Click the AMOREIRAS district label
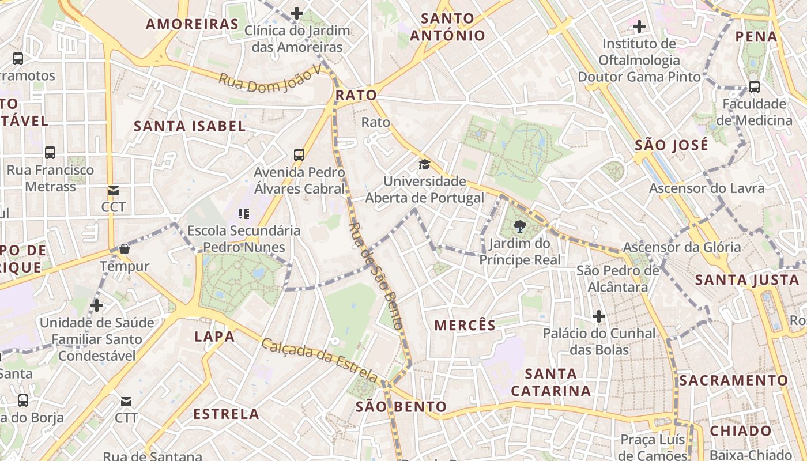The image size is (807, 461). click(192, 24)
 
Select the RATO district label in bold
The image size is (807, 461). click(356, 95)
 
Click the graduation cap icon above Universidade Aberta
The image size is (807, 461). click(425, 165)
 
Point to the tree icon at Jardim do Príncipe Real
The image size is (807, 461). click(519, 226)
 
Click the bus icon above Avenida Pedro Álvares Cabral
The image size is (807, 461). click(299, 154)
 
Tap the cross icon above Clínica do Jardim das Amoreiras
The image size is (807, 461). click(297, 13)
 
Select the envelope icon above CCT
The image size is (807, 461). click(113, 191)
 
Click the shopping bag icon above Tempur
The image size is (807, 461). click(125, 250)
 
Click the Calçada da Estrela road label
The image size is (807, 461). click(320, 360)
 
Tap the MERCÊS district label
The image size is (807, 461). click(465, 325)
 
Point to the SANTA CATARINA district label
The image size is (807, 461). click(551, 382)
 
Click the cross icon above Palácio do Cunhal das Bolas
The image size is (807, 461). click(599, 316)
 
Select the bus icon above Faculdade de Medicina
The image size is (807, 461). click(754, 87)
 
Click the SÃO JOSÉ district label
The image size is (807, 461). click(672, 145)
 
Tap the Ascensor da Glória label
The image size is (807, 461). click(682, 247)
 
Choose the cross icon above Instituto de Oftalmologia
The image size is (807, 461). click(639, 27)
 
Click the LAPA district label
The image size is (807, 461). click(214, 337)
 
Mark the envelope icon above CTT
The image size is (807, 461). click(126, 401)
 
